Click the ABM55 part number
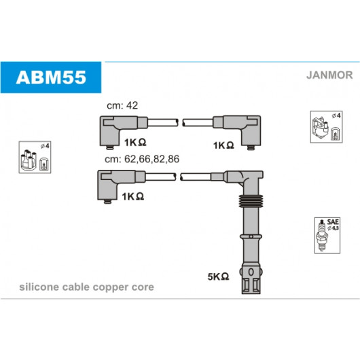(51, 77)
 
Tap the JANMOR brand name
(329, 75)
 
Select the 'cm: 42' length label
(122, 105)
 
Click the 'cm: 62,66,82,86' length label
(142, 159)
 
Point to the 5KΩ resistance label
(218, 276)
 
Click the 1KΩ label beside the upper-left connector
(135, 143)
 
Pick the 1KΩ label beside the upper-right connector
(223, 145)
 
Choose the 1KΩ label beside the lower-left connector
(133, 196)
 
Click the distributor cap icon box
(35, 158)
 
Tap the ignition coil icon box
(326, 127)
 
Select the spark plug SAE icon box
(327, 236)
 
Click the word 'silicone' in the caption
(39, 287)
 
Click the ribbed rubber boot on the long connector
(251, 201)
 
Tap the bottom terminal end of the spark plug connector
(251, 281)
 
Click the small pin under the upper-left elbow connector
(110, 147)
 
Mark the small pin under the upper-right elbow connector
(251, 147)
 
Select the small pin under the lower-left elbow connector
(108, 202)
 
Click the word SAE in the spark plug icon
(333, 222)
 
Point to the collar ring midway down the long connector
(251, 236)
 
